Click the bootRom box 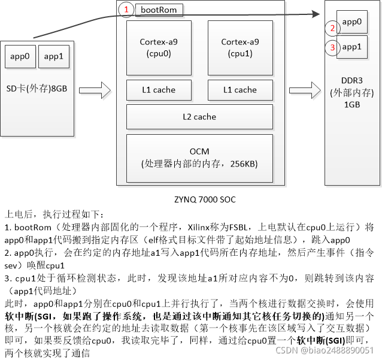coord(159,10)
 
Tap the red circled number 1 coord(126,10)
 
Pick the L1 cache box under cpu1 coord(240,90)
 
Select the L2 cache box coord(199,116)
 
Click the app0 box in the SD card coord(20,57)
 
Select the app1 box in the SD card coord(53,57)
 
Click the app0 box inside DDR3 coord(351,22)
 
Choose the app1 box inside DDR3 coord(351,46)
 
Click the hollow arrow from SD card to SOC coord(95,91)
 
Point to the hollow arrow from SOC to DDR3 coord(305,91)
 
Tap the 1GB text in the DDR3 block coord(352,104)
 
